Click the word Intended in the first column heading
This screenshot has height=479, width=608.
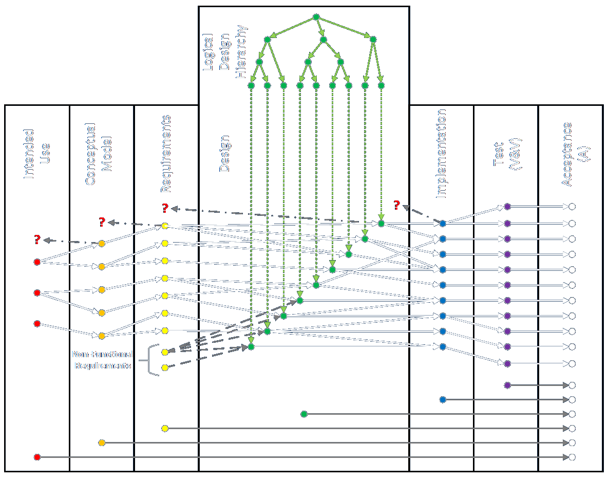click(29, 154)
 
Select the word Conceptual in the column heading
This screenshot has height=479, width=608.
click(91, 154)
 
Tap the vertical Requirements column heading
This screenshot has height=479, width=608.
click(165, 154)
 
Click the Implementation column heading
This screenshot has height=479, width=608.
click(441, 154)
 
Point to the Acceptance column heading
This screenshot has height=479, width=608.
click(567, 154)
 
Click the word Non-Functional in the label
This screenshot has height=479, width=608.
click(102, 354)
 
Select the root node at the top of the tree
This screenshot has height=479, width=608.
click(316, 17)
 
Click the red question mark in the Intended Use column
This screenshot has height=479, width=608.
click(37, 239)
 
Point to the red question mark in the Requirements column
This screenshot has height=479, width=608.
click(165, 208)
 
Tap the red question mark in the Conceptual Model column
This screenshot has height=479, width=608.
click(102, 222)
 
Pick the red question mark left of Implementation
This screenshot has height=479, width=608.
click(396, 206)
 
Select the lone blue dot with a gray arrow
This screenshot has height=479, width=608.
click(443, 399)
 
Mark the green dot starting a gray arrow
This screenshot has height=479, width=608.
click(304, 414)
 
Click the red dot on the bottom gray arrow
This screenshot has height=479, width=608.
click(37, 457)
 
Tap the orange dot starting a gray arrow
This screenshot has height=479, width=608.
click(102, 443)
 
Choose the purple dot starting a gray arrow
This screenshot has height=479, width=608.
click(507, 385)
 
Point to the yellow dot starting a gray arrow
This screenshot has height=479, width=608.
click(165, 428)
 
